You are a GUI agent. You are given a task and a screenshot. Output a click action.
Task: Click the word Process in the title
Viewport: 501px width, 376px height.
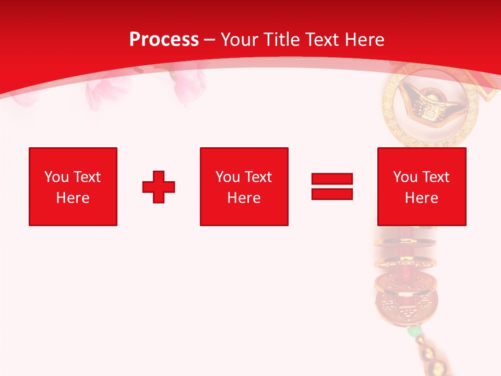[x=164, y=40]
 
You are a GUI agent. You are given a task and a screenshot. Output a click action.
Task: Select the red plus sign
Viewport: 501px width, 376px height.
[x=159, y=187]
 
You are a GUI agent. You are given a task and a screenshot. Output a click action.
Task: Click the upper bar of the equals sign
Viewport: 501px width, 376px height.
[x=332, y=179]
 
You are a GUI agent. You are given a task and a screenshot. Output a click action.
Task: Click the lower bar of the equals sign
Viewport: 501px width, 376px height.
[x=332, y=194]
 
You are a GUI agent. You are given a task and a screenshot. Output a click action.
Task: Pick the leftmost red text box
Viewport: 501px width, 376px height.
[x=73, y=186]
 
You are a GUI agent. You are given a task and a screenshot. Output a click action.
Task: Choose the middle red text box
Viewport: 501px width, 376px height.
[x=244, y=186]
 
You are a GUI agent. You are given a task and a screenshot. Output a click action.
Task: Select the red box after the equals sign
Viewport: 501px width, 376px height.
[x=421, y=186]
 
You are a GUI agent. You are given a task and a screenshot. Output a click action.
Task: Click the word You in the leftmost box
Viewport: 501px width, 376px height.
[x=56, y=177]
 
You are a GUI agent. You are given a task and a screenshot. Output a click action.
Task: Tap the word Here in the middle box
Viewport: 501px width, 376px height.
[x=244, y=198]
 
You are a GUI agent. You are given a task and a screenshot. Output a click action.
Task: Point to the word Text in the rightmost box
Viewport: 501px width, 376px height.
[x=435, y=177]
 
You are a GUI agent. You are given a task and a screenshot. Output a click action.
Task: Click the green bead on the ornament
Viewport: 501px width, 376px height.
[x=414, y=331]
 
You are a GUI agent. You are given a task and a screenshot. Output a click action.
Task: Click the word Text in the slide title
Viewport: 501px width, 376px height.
[x=322, y=40]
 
